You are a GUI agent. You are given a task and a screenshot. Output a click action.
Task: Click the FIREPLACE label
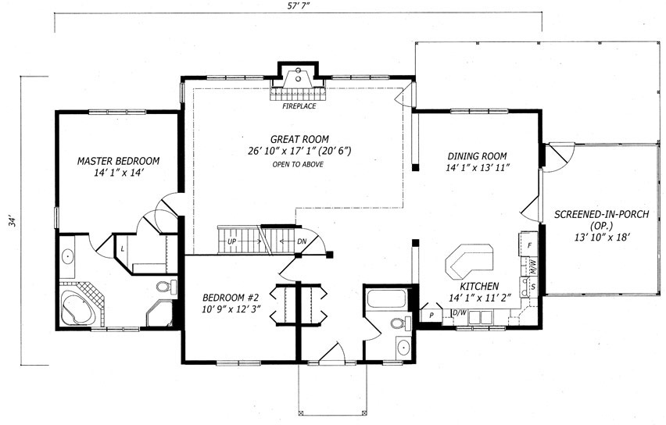[x=299, y=106]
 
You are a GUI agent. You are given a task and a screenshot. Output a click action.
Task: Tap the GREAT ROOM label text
[x=299, y=139]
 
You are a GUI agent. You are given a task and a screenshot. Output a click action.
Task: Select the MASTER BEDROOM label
[x=118, y=161]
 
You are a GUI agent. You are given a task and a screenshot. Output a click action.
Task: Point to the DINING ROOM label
[x=477, y=155]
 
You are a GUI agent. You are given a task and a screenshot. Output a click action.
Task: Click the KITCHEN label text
[x=479, y=286]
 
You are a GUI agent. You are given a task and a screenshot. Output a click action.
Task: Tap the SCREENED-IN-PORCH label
[x=601, y=214]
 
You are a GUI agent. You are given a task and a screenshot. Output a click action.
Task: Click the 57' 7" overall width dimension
[x=298, y=5]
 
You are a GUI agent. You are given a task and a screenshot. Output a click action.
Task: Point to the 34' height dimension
[x=14, y=221]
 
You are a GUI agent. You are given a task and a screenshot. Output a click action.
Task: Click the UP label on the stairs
[x=231, y=241]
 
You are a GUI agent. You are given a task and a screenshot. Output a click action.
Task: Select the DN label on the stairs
[x=302, y=241]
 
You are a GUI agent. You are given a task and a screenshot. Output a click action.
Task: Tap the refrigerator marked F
[x=528, y=245]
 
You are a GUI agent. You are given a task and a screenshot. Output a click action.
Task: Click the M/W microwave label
[x=532, y=266]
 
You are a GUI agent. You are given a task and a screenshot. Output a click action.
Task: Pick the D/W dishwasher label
[x=459, y=313]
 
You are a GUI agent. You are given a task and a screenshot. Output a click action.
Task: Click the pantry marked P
[x=431, y=315]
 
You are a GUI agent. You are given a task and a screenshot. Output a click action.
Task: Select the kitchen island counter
[x=471, y=259]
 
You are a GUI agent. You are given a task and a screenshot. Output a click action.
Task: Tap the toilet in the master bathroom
[x=166, y=286]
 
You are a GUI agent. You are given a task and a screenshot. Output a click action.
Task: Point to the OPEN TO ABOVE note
[x=298, y=164]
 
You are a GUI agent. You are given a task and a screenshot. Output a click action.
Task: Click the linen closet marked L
[x=122, y=248]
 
